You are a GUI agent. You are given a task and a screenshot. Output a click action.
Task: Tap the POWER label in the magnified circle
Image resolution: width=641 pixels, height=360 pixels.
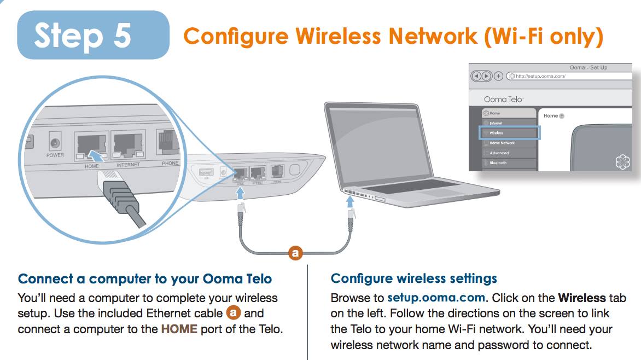pos(55,155)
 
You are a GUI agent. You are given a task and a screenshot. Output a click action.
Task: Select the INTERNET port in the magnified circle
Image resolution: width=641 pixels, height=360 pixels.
pos(128,146)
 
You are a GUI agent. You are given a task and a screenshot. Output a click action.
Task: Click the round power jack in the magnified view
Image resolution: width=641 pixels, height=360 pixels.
pos(55,143)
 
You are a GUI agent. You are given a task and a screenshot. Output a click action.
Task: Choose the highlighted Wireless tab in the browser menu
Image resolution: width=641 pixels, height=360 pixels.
pos(509,133)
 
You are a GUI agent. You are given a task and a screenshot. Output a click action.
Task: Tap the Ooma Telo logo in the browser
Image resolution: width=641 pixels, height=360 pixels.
pos(503,99)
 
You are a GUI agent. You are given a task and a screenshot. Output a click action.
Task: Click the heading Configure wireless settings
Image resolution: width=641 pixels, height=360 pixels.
pos(413,278)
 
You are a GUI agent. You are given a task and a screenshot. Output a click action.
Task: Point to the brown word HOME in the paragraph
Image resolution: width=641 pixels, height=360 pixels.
pos(179,329)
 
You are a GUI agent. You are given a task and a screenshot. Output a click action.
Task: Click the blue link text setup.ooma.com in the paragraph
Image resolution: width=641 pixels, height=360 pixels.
pos(436,298)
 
